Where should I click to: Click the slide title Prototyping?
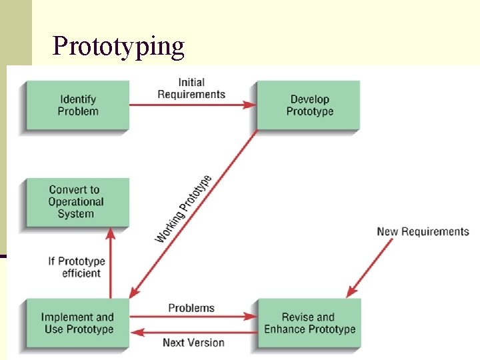(x=118, y=46)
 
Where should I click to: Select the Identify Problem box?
(x=77, y=105)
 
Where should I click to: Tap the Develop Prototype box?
(x=309, y=105)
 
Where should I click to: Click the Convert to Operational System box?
(x=77, y=202)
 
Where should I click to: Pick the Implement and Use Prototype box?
(x=77, y=323)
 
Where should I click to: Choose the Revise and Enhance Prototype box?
(x=309, y=323)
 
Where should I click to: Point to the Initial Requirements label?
(x=191, y=89)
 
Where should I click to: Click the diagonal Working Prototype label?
(x=184, y=209)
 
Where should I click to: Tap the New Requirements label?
(x=423, y=232)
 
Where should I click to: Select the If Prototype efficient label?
(x=76, y=267)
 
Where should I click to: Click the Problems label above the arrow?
(x=191, y=308)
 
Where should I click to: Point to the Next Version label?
(x=193, y=343)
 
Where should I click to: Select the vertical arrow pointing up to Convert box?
(x=111, y=263)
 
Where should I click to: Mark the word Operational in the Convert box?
(x=76, y=202)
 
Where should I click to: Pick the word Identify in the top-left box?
(x=78, y=99)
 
